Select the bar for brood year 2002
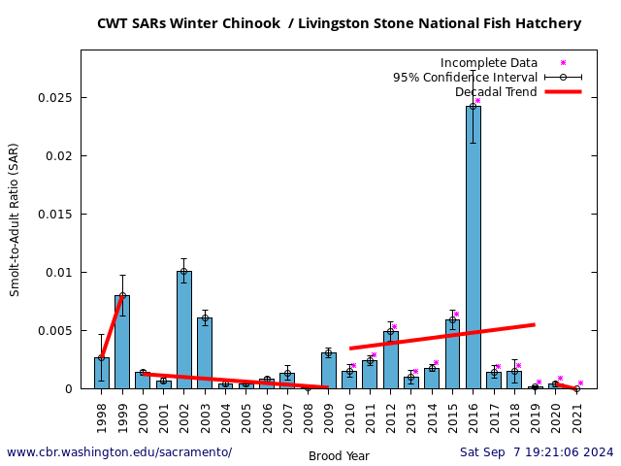[x=183, y=330]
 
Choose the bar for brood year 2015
[x=452, y=354]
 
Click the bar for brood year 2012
[x=390, y=360]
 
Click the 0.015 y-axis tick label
[x=54, y=215]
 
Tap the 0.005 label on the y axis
[x=54, y=331]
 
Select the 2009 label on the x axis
[x=329, y=416]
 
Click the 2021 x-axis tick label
[x=576, y=416]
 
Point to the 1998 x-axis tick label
[x=102, y=416]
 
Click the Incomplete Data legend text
[x=488, y=63]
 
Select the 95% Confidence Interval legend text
[x=465, y=78]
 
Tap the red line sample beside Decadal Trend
[x=563, y=92]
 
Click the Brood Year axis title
[x=339, y=455]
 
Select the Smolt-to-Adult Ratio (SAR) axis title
[x=15, y=219]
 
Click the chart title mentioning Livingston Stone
[x=339, y=23]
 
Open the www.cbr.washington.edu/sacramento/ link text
[x=119, y=452]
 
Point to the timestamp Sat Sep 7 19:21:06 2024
[x=537, y=452]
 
